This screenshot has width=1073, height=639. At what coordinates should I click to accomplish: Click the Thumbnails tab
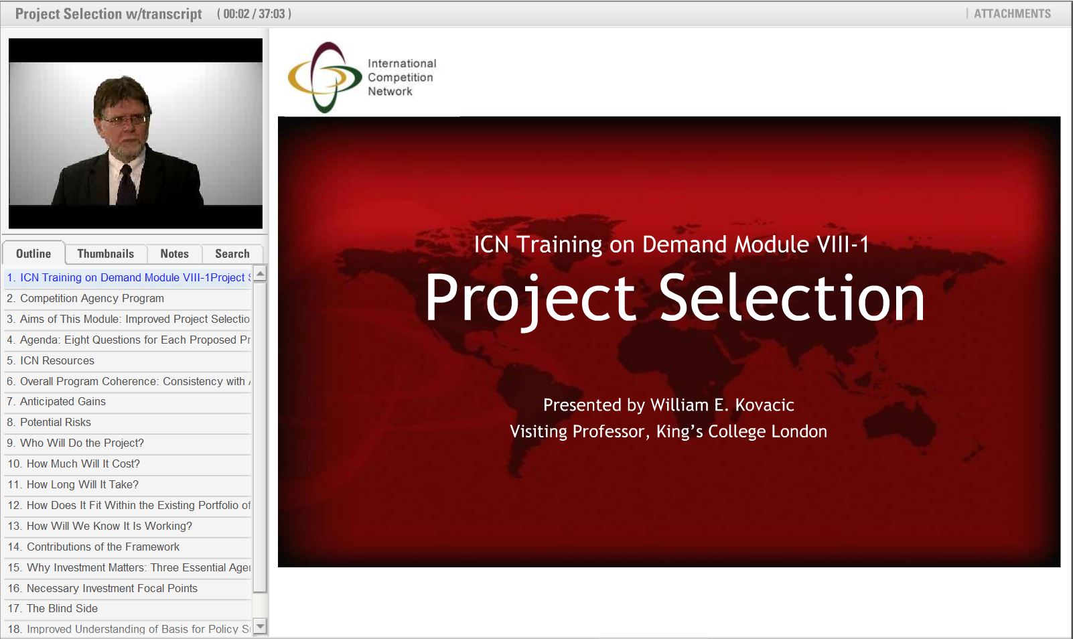click(105, 254)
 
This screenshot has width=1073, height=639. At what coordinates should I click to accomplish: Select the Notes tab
click(174, 254)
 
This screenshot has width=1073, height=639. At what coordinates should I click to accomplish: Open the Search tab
click(232, 254)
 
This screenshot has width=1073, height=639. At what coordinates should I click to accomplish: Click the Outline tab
click(33, 254)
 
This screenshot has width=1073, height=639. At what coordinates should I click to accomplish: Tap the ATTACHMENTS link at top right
click(1011, 13)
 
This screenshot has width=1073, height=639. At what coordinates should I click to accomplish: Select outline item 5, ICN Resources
click(57, 360)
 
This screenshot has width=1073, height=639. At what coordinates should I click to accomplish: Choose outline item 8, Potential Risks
click(55, 422)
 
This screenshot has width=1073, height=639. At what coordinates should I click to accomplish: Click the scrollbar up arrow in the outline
click(261, 273)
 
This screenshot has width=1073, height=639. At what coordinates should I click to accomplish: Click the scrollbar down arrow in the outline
click(261, 627)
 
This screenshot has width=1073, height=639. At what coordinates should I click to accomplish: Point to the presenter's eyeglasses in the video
click(125, 120)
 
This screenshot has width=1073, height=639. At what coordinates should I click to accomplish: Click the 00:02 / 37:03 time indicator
click(254, 13)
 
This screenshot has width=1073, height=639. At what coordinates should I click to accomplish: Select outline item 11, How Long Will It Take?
click(82, 484)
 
